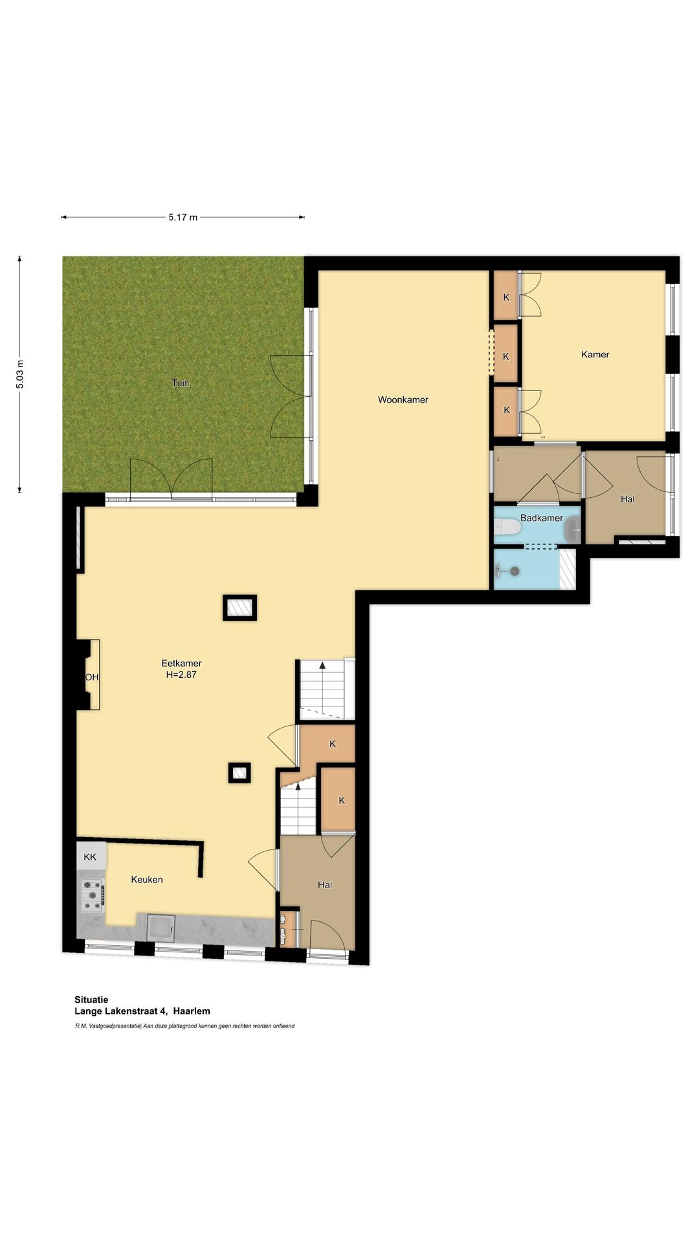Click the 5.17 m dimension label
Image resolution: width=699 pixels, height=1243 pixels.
pyautogui.click(x=183, y=218)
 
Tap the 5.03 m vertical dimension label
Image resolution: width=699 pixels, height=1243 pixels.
pyautogui.click(x=20, y=374)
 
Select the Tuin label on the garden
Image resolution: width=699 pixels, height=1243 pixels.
pyautogui.click(x=181, y=383)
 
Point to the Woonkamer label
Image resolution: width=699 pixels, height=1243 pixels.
pyautogui.click(x=403, y=400)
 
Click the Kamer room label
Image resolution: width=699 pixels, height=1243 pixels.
pyautogui.click(x=595, y=355)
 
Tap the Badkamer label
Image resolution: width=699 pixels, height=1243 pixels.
pyautogui.click(x=541, y=518)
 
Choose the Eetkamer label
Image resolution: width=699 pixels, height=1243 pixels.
pyautogui.click(x=181, y=663)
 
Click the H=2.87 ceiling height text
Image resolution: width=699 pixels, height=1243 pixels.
pyautogui.click(x=181, y=675)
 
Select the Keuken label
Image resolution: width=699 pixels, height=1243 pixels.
pyautogui.click(x=147, y=880)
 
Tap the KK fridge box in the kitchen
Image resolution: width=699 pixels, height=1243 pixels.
pyautogui.click(x=90, y=857)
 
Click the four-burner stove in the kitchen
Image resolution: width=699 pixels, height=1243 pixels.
pyautogui.click(x=92, y=895)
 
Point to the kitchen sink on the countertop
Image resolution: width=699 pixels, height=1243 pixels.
pyautogui.click(x=161, y=926)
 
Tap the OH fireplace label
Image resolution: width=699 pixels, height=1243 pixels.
pyautogui.click(x=92, y=677)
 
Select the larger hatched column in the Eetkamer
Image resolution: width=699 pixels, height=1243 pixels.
pyautogui.click(x=239, y=608)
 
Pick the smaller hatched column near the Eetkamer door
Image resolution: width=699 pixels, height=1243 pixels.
pyautogui.click(x=239, y=772)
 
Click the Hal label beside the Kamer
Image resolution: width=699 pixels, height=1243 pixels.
pyautogui.click(x=627, y=499)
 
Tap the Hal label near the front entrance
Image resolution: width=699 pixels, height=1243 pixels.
pyautogui.click(x=325, y=885)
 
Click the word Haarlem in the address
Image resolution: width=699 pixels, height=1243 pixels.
pyautogui.click(x=192, y=1011)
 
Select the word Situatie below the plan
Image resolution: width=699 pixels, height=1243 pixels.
pyautogui.click(x=91, y=1000)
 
